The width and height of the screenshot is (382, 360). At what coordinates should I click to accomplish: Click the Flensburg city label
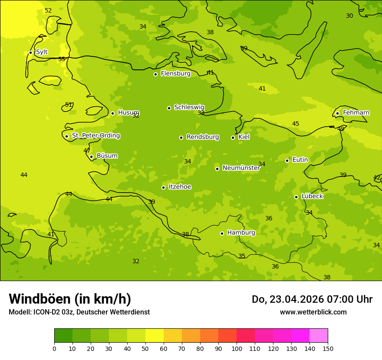pos(175,74)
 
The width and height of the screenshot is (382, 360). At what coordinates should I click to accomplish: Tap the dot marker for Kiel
pos(233,137)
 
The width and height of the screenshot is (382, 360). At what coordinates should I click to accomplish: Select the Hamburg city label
pos(241,233)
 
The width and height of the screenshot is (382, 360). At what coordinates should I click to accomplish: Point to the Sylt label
pos(42,52)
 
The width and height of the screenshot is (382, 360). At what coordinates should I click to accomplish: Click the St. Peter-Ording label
pos(95,136)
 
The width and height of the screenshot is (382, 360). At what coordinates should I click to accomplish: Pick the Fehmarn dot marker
pos(337,113)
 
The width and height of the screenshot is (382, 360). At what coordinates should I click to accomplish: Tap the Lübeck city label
pos(312,196)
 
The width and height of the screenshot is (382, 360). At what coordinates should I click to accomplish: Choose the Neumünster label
pos(241,168)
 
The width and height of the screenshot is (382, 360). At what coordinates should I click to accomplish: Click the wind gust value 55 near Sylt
pos(62,59)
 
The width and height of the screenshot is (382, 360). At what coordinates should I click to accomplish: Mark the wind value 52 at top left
pos(48,11)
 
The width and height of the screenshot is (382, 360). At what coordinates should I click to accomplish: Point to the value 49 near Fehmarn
pos(341,129)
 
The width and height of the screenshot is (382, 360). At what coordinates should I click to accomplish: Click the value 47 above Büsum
pos(87,151)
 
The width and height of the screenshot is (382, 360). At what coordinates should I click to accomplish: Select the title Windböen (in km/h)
pos(70,299)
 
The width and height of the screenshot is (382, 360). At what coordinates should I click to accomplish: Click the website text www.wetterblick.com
pos(313,312)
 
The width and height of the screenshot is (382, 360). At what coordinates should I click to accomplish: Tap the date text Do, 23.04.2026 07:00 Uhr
pos(312,299)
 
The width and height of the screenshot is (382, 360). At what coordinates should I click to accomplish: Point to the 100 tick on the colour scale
pos(237,348)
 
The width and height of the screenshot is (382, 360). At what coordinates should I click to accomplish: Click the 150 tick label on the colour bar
pos(328,348)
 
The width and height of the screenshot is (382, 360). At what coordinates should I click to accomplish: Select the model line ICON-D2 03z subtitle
pos(79,312)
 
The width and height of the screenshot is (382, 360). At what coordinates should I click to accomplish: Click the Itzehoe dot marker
pos(163,187)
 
